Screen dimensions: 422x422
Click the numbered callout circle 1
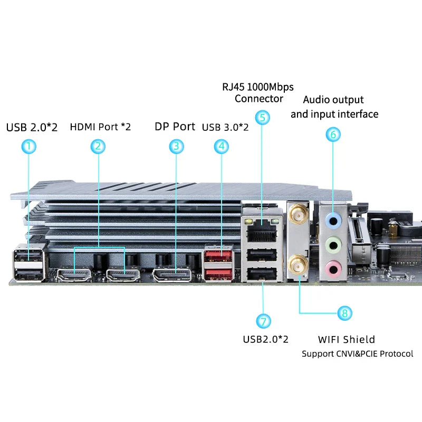tap(29, 146)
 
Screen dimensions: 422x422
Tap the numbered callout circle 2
tap(98, 146)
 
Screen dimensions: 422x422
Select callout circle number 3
tap(177, 146)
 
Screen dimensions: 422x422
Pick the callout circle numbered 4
tap(222, 146)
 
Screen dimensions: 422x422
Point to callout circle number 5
tap(262, 117)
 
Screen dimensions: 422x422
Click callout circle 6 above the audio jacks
tap(333, 135)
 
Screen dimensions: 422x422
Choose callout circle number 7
tap(264, 321)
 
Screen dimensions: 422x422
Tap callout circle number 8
tap(344, 313)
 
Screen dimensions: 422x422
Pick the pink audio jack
tap(332, 267)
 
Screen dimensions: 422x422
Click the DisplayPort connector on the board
tap(172, 275)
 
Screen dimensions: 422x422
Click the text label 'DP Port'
tap(175, 127)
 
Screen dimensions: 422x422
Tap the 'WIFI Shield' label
tap(347, 339)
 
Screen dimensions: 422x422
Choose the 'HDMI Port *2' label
tap(100, 127)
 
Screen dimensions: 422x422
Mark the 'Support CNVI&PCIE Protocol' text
tap(357, 353)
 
